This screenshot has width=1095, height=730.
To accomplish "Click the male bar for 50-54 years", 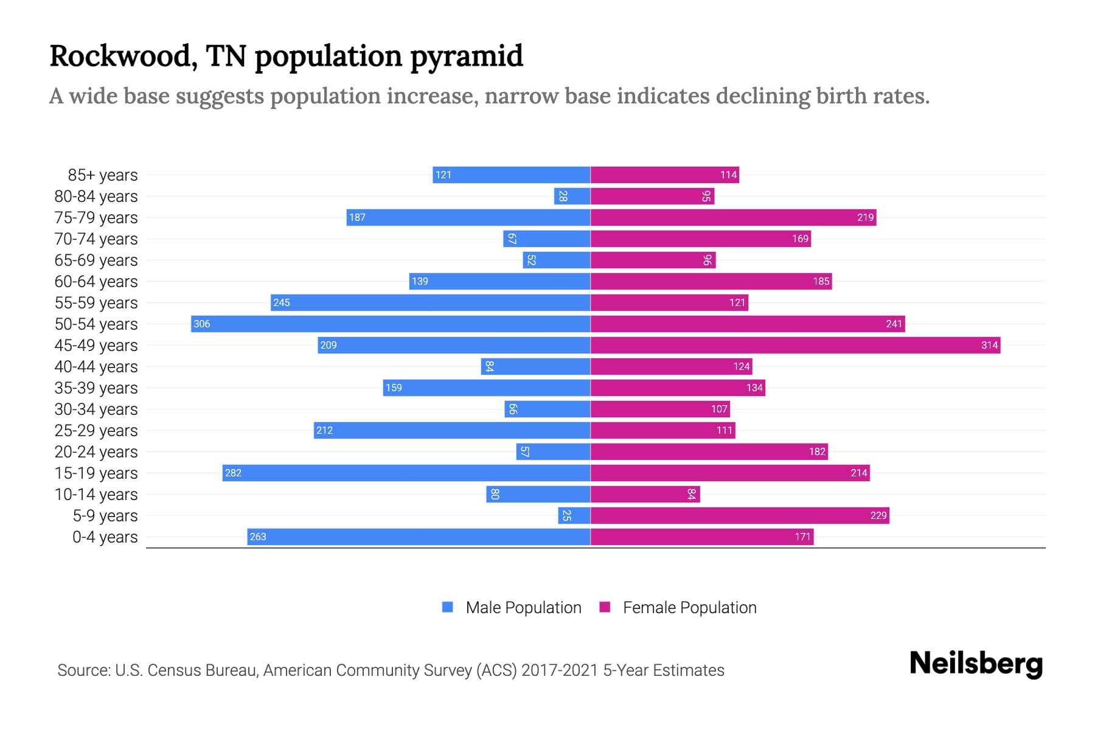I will [391, 324].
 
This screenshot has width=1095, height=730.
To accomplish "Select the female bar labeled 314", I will [795, 345].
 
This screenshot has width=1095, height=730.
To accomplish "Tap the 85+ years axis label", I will [103, 175].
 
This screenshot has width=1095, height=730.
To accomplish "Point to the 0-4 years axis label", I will [105, 537].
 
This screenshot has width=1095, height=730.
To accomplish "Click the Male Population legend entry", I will [512, 608].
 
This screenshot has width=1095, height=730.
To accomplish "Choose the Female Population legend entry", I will [678, 608].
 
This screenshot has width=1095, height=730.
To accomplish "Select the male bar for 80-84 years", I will [572, 196].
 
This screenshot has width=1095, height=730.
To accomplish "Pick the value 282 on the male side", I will [233, 473].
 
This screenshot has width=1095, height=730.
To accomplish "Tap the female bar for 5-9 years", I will [740, 515].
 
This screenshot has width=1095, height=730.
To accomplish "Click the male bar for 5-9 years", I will [574, 515].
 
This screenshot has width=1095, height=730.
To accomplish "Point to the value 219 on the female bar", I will [865, 217].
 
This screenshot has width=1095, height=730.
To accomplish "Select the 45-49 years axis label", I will [96, 346].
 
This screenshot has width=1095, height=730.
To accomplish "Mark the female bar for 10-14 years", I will [645, 494].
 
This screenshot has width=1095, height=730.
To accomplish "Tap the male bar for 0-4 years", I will [419, 537].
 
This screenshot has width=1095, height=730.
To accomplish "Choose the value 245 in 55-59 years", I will [282, 302].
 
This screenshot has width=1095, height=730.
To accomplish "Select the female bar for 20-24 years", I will [709, 451].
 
